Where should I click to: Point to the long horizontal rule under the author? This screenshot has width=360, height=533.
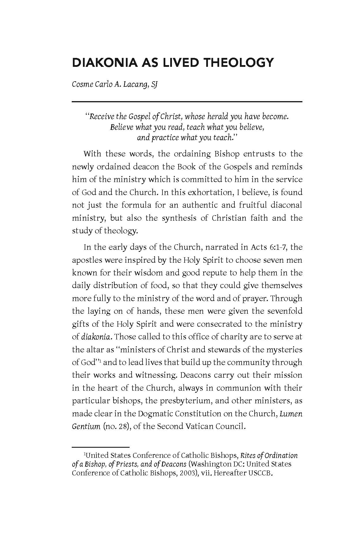pos(187,101)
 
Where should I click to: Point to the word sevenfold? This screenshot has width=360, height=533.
pos(283,311)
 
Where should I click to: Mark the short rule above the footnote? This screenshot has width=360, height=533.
pos(101,447)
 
